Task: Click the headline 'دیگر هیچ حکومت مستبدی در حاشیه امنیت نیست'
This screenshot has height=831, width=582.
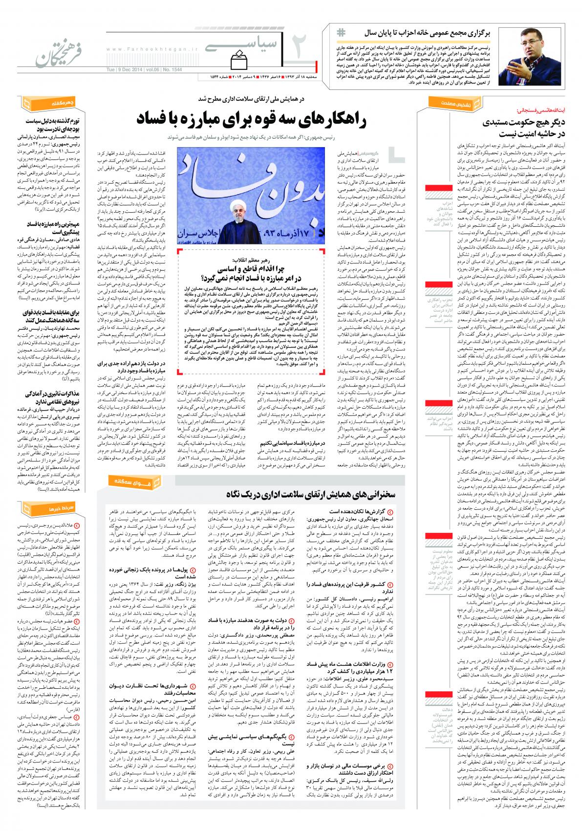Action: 513,128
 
